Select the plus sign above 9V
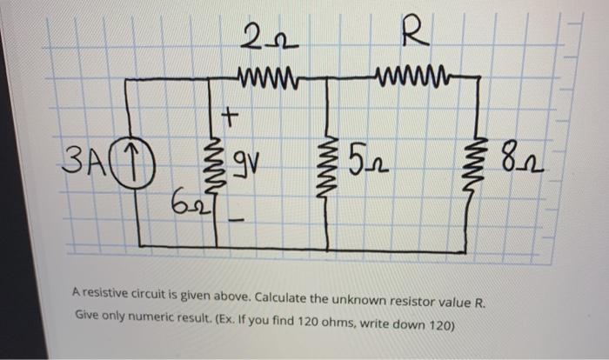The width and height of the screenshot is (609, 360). (231, 114)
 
